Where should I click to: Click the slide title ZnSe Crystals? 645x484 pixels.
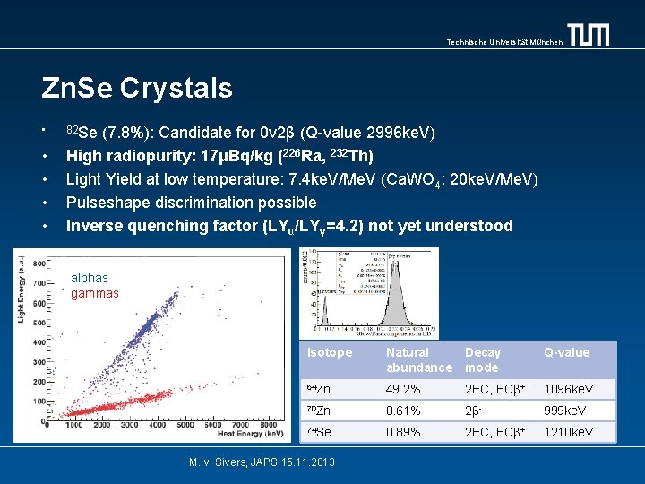[x=137, y=88]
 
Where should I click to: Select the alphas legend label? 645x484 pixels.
[x=90, y=278]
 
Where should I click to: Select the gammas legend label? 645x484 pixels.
[x=95, y=293]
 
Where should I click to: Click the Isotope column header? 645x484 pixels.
[x=330, y=352]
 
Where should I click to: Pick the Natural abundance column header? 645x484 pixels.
[x=418, y=359]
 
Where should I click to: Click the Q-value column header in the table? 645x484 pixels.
[x=566, y=352]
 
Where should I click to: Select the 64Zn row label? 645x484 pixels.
[x=319, y=389]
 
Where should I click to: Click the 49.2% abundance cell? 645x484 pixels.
[x=404, y=389]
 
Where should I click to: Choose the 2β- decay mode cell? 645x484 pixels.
[x=476, y=411]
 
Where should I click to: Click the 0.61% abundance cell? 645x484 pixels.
[x=404, y=411]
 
